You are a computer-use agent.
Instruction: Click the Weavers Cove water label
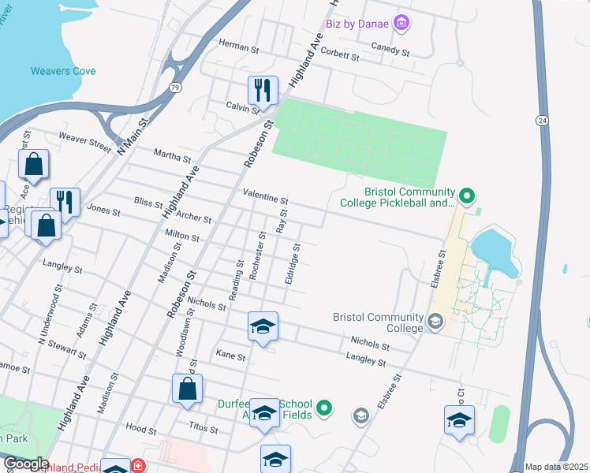point(63,71)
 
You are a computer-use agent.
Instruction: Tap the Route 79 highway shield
point(174,87)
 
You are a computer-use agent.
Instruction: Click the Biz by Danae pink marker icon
point(401,23)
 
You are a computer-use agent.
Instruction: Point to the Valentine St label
point(266,192)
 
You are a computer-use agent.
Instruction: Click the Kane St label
point(230,357)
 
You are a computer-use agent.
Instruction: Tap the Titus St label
point(203,426)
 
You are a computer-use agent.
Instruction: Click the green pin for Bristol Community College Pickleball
point(466,194)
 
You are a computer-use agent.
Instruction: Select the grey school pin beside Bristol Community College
point(435,321)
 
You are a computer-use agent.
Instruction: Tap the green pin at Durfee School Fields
point(323,408)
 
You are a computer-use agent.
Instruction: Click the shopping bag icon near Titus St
point(187,388)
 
